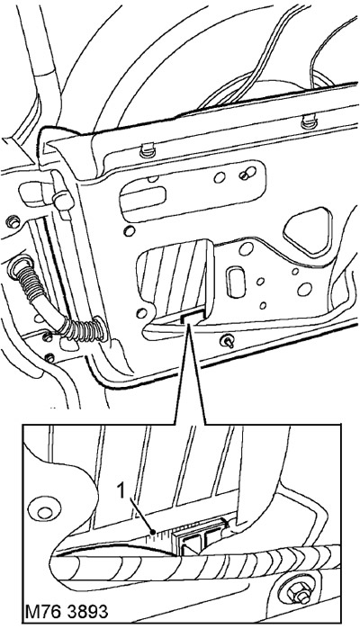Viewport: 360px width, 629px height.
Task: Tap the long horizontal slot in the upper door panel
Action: [142, 198]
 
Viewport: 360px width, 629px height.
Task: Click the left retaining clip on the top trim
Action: [148, 151]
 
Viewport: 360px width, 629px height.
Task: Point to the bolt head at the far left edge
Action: [13, 221]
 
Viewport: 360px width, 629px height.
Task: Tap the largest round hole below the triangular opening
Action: [304, 289]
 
